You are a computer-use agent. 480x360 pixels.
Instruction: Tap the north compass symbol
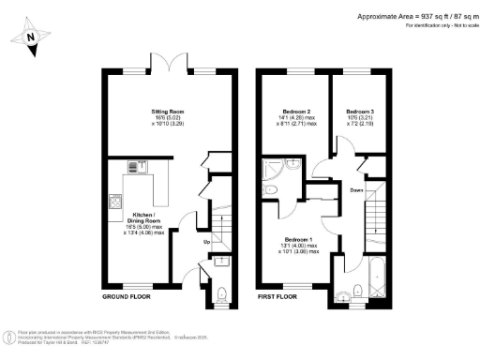(x=29, y=38)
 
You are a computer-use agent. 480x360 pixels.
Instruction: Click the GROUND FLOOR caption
(x=127, y=296)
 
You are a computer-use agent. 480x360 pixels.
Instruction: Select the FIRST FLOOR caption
(x=277, y=296)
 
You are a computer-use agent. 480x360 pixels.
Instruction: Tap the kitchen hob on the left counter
(x=115, y=201)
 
